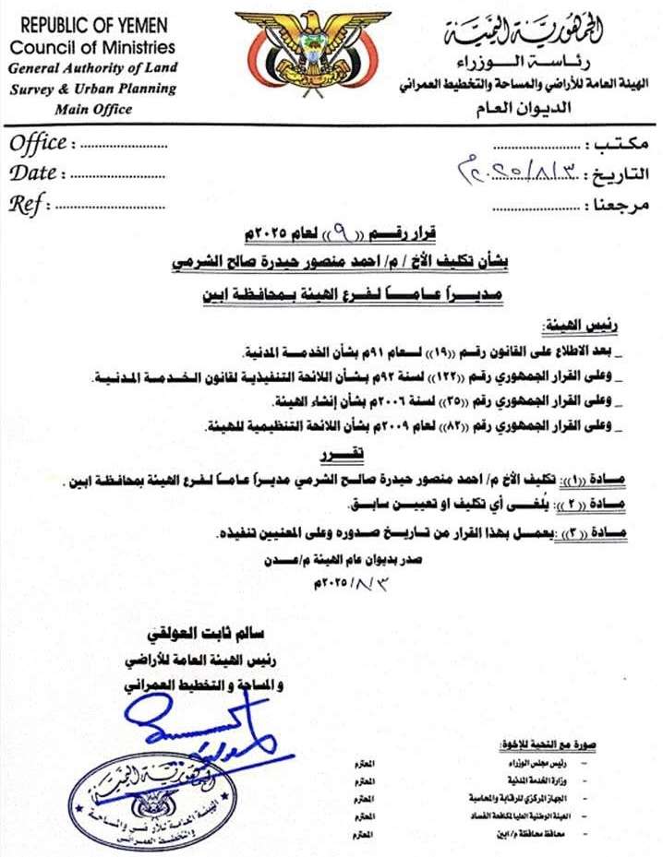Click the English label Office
click(x=38, y=143)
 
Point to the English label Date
click(x=34, y=173)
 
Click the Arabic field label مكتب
click(x=622, y=145)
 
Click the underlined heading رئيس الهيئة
click(x=573, y=327)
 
